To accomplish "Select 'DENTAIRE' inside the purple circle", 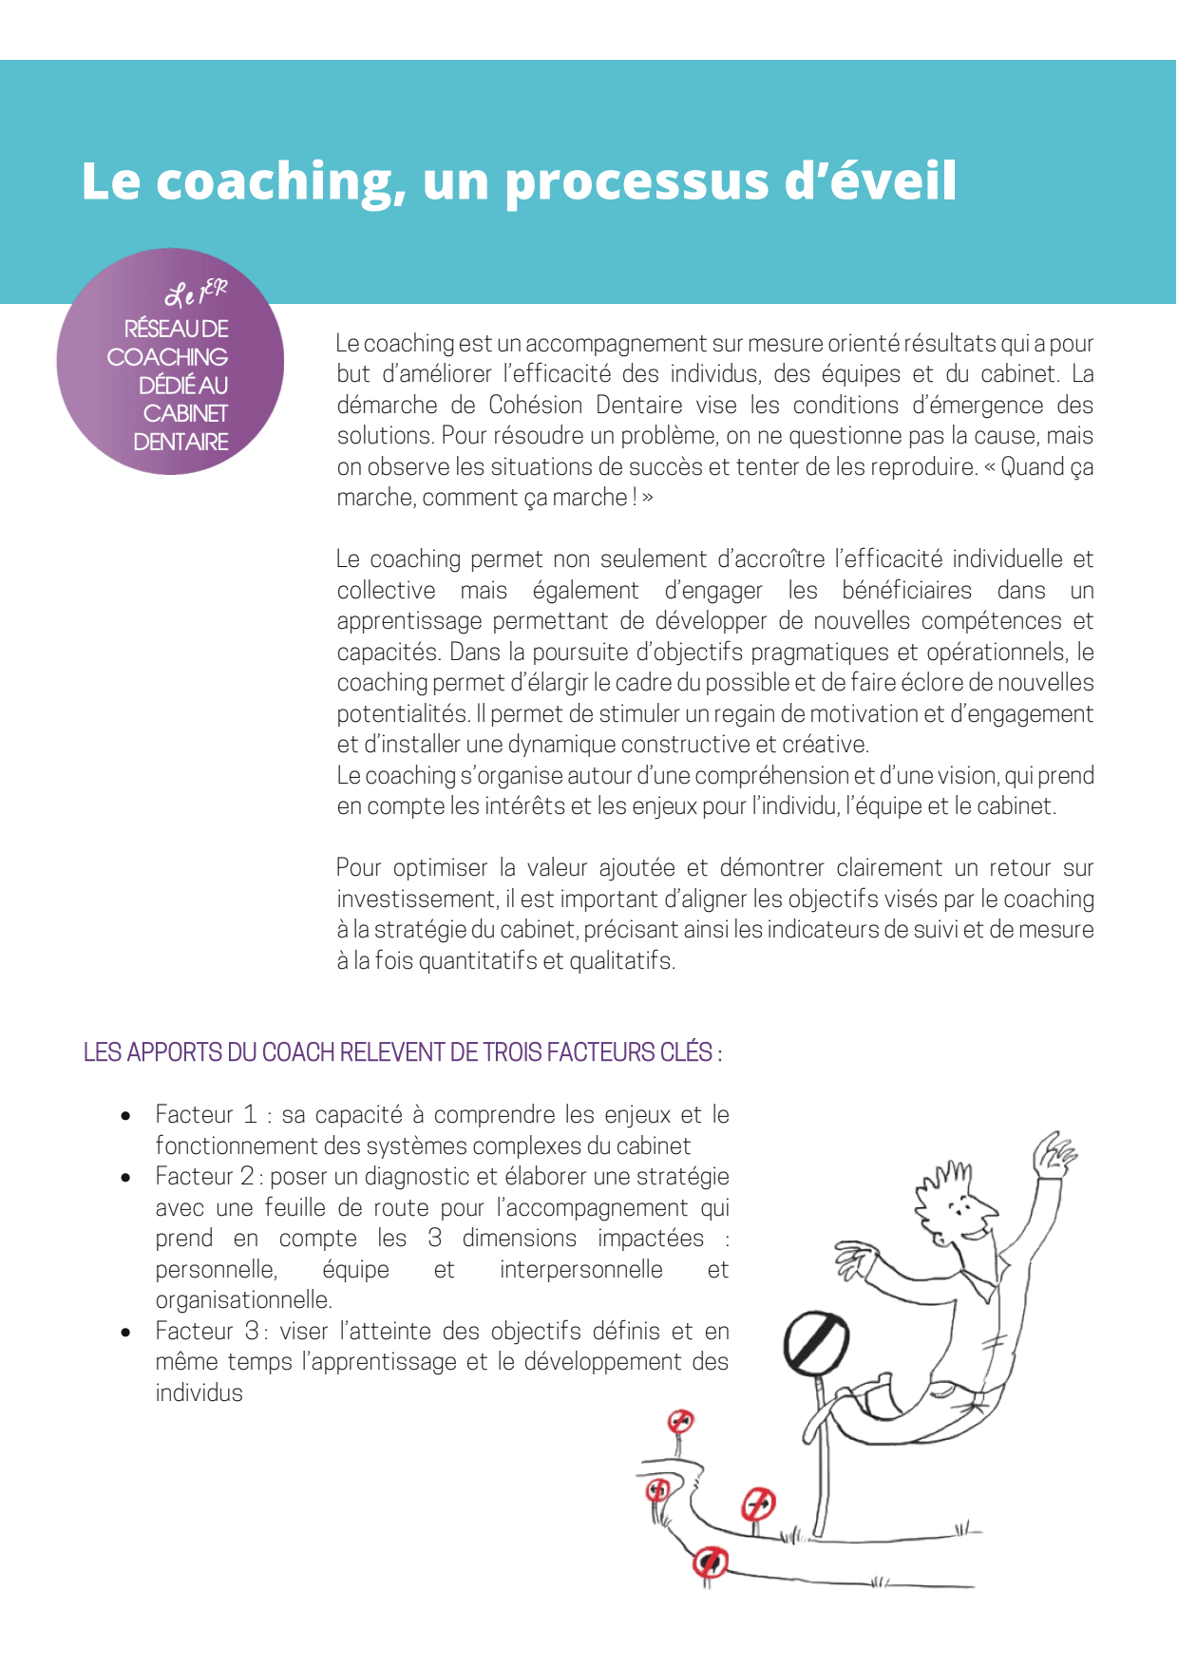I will (x=180, y=443).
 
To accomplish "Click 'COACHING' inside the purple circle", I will (x=167, y=357).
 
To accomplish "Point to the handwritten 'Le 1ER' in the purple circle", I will (x=196, y=293).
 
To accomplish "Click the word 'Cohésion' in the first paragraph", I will (x=535, y=406).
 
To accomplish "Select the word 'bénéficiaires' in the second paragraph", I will (x=906, y=591).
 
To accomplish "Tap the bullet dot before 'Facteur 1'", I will (x=125, y=1116).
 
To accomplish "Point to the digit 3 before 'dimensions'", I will (x=434, y=1239).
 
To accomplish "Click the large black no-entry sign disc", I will (x=815, y=1341).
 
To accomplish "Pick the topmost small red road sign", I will (x=680, y=1422).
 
